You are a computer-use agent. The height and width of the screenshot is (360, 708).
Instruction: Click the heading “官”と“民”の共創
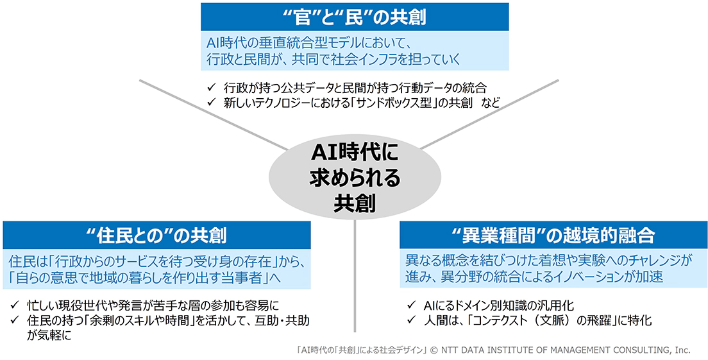point(355,17)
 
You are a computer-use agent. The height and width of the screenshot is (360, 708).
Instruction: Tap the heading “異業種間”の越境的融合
point(553,235)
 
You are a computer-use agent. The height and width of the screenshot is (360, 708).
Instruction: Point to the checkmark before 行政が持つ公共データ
point(212,87)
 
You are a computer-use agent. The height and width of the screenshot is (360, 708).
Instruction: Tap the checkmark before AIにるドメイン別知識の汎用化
point(411,305)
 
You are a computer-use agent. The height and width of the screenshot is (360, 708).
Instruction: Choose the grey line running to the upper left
point(214,115)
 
